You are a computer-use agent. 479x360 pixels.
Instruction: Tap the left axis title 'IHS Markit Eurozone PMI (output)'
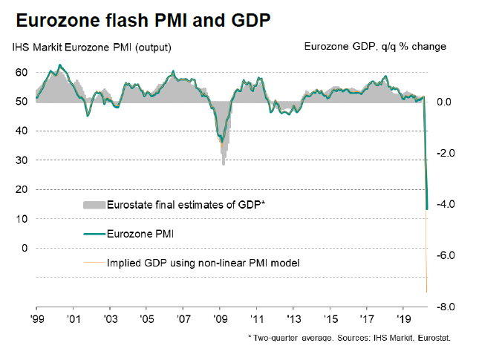pyautogui.click(x=91, y=48)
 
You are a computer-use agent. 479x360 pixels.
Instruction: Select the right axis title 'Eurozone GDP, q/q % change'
pyautogui.click(x=375, y=47)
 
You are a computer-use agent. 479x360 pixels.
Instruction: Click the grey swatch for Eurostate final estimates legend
pyautogui.click(x=93, y=204)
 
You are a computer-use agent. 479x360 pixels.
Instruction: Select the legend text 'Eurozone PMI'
pyautogui.click(x=141, y=234)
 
